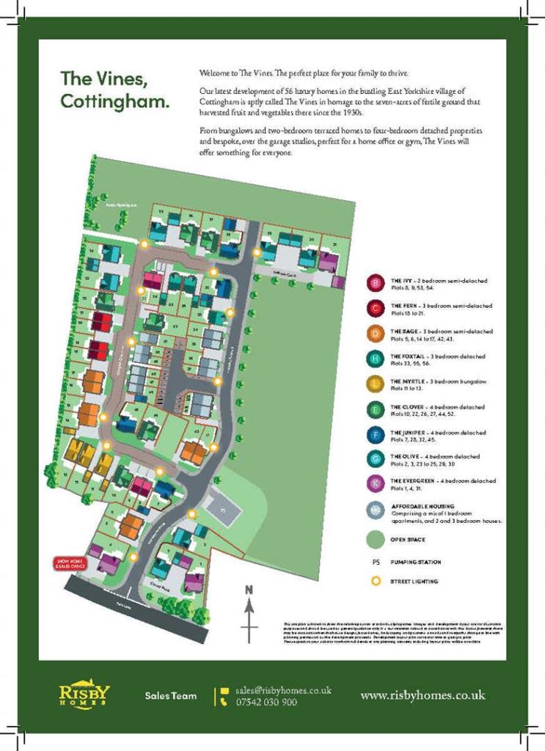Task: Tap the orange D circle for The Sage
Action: tap(376, 334)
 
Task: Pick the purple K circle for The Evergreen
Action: tap(376, 484)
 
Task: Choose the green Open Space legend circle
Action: tap(376, 540)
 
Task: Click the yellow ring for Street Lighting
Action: tap(376, 581)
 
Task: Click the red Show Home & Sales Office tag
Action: tap(67, 563)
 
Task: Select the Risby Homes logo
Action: tap(84, 694)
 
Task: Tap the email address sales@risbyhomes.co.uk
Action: tap(283, 690)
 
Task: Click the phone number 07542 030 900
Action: tap(267, 702)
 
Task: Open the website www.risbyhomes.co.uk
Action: tap(423, 695)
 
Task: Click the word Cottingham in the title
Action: tap(114, 102)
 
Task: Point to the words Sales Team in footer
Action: tap(170, 695)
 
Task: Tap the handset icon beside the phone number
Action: tap(224, 702)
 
